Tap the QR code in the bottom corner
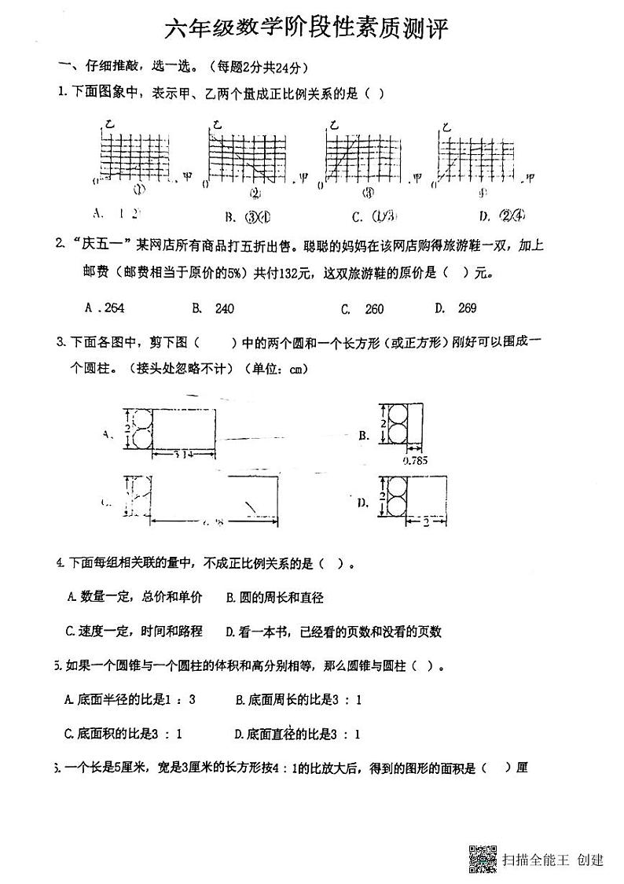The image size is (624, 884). tap(483, 858)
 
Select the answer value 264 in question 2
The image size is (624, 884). tap(113, 308)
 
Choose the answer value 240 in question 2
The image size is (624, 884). tap(224, 309)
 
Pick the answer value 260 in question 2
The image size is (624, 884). tap(374, 309)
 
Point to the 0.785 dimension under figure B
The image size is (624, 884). tap(414, 461)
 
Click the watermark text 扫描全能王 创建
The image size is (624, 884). tap(553, 860)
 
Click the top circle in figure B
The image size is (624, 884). tap(397, 414)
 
